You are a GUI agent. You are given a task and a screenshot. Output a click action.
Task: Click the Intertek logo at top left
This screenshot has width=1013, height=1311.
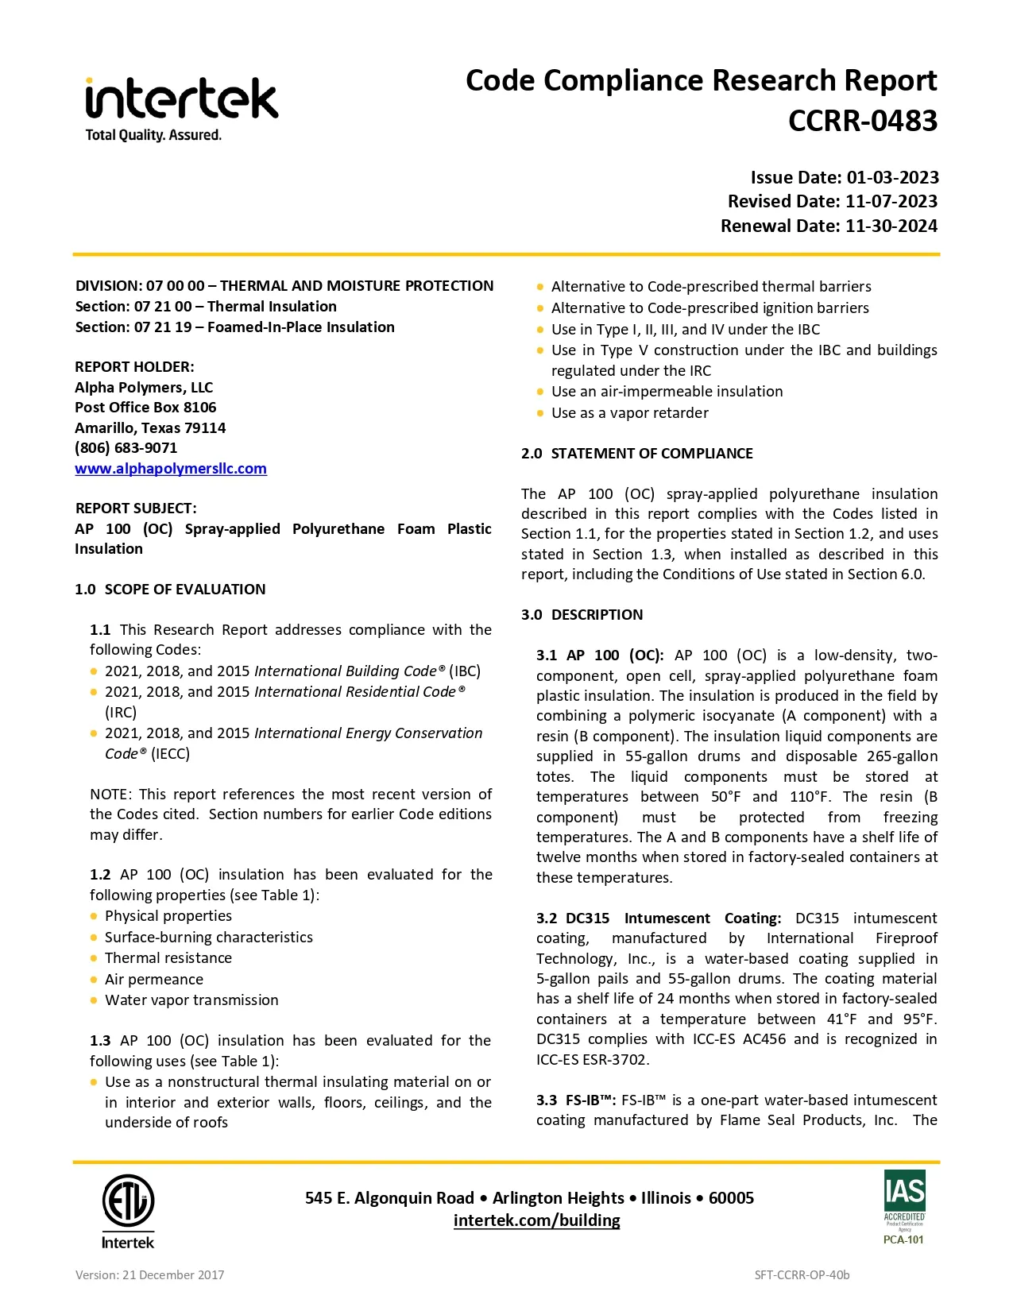[x=181, y=109]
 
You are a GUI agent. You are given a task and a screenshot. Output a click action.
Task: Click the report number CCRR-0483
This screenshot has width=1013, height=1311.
[x=862, y=121]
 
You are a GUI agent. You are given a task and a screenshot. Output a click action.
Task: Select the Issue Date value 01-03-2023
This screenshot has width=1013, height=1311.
[x=892, y=177]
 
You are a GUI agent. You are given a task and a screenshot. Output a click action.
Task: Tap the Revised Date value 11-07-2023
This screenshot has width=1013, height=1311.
[x=891, y=201]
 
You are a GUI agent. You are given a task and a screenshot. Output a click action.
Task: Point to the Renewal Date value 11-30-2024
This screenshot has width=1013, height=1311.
[x=891, y=226]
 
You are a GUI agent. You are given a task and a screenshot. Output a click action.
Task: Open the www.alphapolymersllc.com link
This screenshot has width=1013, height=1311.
[x=171, y=469]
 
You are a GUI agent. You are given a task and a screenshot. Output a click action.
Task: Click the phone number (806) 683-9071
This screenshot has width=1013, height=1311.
[x=126, y=448]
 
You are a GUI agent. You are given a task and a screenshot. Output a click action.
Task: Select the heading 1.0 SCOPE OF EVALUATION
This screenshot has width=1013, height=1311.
[x=170, y=590]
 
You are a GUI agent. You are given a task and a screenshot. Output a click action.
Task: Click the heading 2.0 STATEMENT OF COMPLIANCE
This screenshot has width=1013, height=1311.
[x=637, y=454]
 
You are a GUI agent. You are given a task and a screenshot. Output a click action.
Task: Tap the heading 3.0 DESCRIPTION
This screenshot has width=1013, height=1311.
[x=582, y=615]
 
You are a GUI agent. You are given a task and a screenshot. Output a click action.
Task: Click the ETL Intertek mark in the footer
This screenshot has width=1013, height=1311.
[x=128, y=1210]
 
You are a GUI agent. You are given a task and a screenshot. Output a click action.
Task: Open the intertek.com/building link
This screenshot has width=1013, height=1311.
[x=536, y=1220]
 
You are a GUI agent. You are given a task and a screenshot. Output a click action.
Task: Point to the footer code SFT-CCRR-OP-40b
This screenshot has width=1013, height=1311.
[x=802, y=1275]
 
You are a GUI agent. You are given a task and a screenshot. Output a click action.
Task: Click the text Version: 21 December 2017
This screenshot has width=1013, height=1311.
[x=149, y=1275]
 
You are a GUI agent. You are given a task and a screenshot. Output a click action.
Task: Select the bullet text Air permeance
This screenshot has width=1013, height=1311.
[x=154, y=980]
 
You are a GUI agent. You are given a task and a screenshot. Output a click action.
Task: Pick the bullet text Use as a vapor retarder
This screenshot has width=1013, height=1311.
[x=629, y=413]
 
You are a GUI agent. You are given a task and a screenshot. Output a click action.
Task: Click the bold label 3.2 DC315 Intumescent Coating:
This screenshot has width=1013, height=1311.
[x=659, y=918]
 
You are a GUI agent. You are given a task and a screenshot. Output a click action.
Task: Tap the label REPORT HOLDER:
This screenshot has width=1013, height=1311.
[x=134, y=367]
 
